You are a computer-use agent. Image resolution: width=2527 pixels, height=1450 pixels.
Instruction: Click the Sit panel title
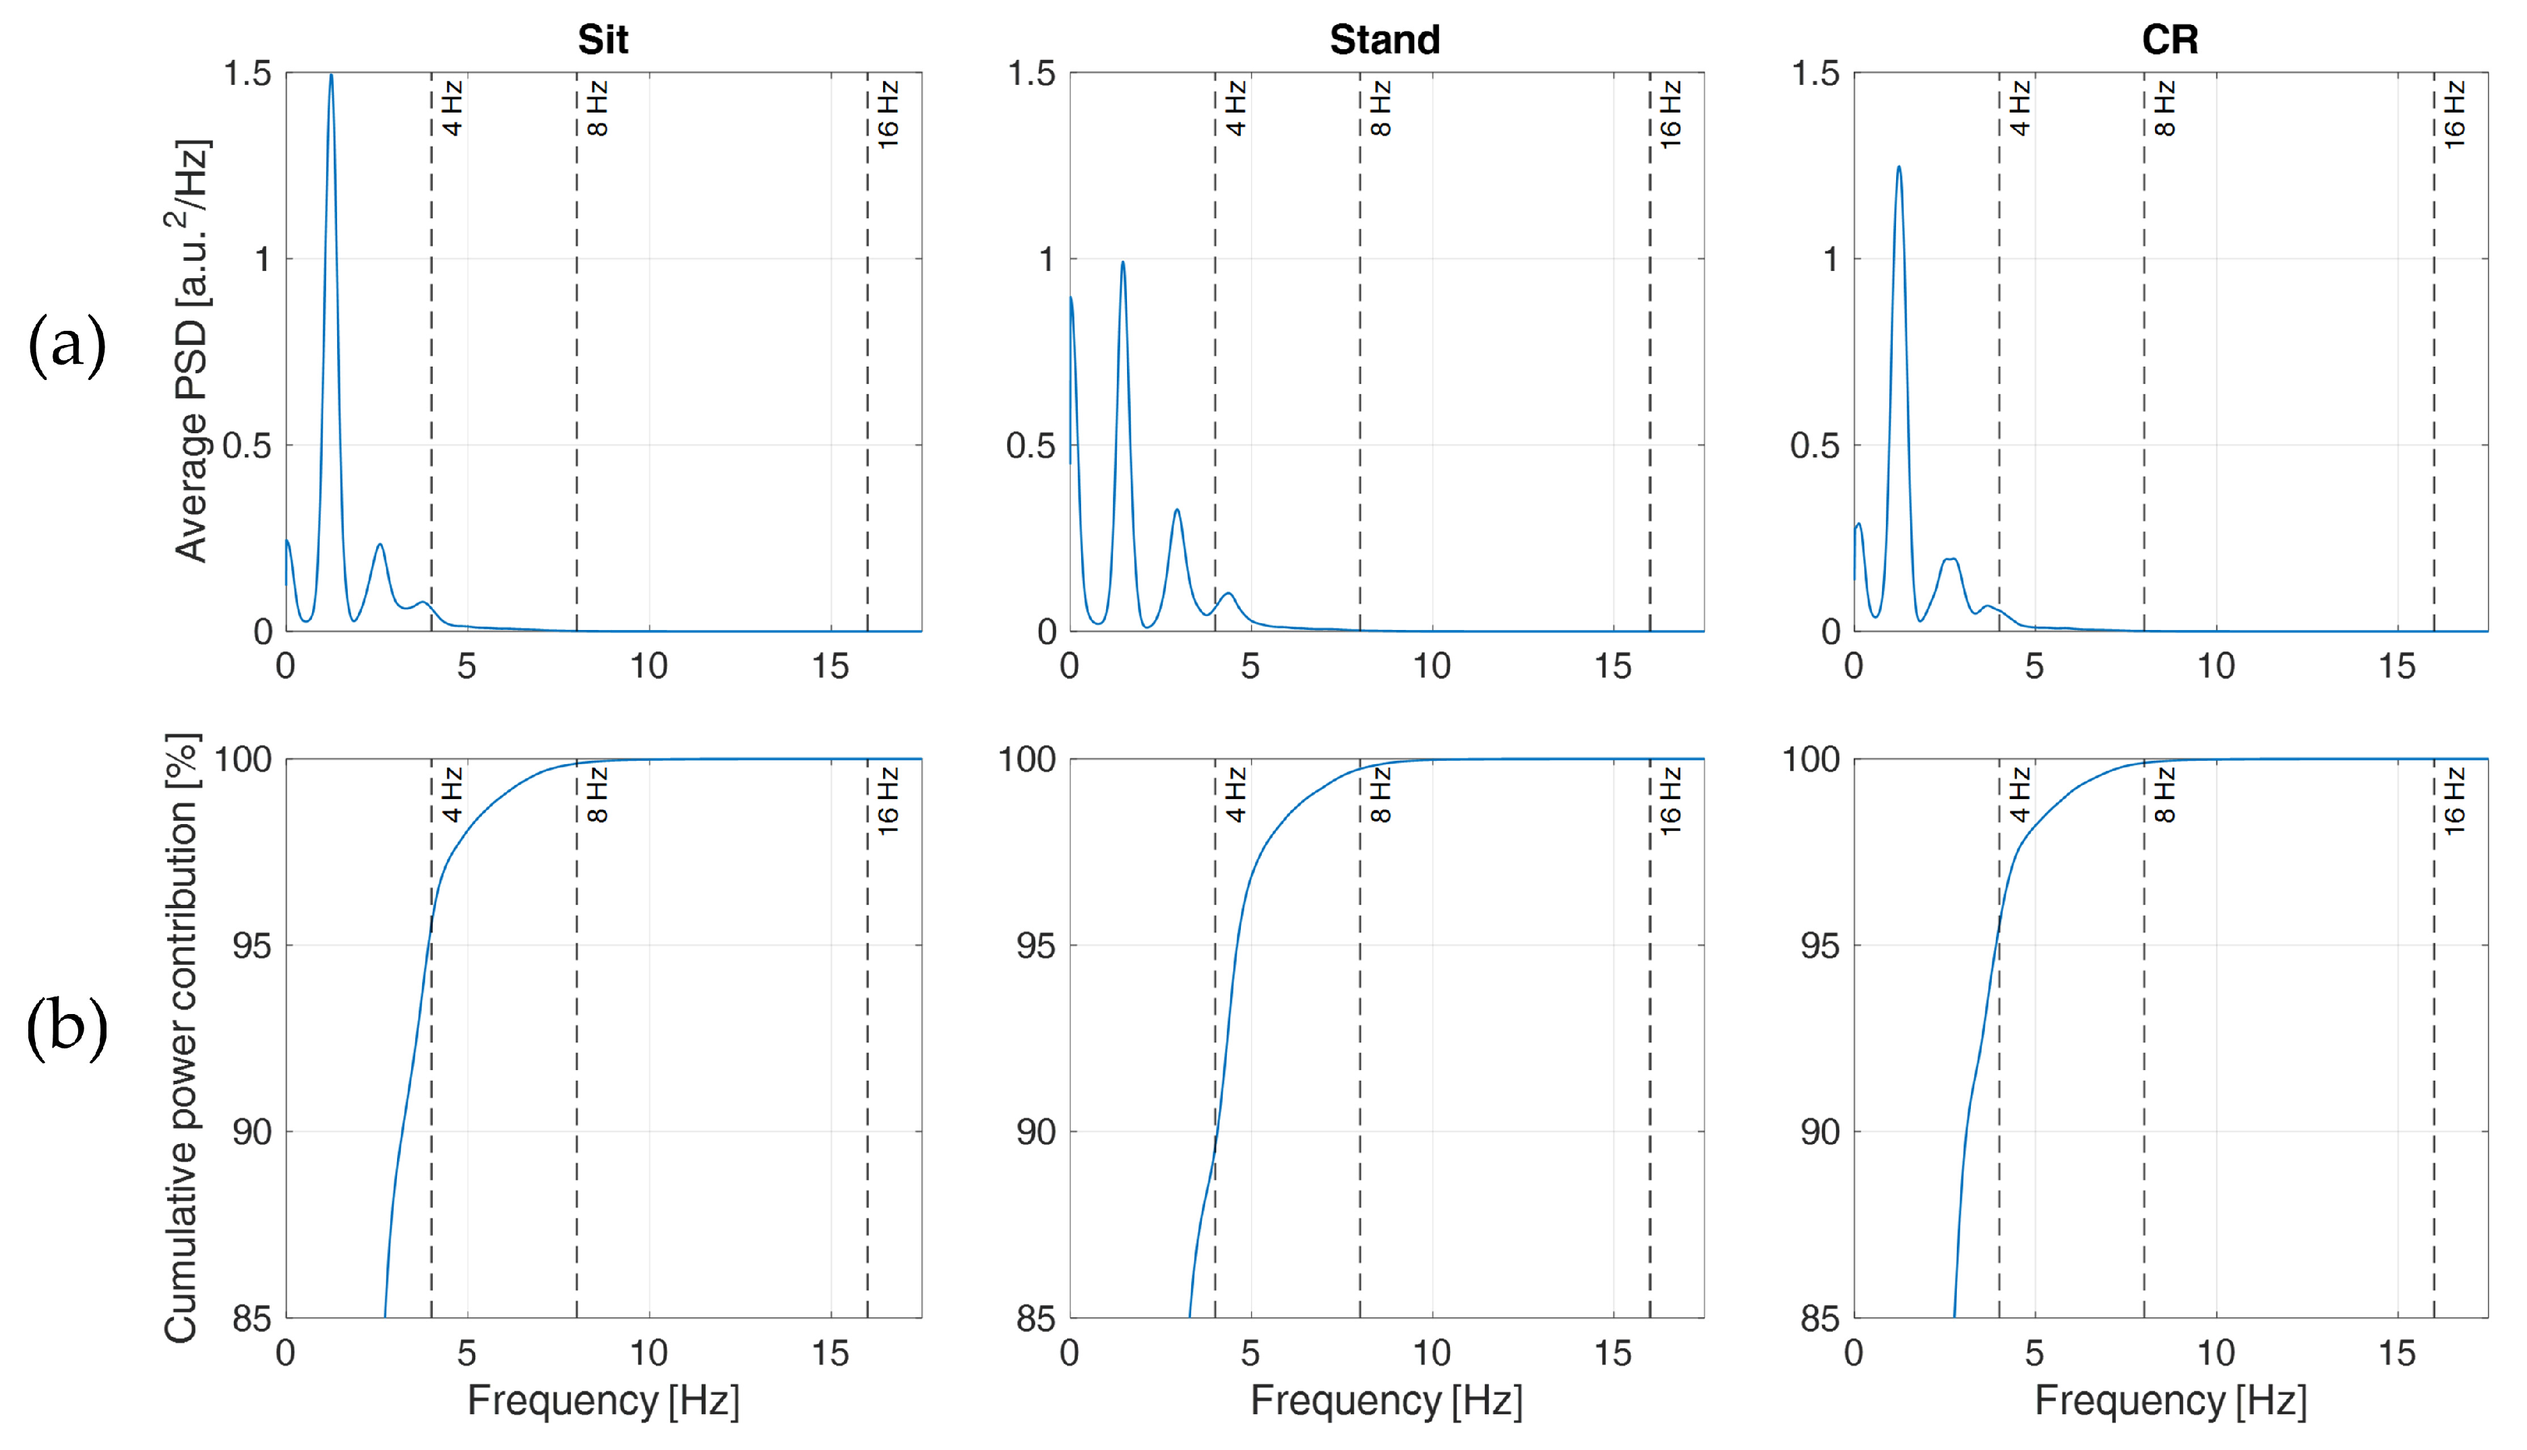[603, 40]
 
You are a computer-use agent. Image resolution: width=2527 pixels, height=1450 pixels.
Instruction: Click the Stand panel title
[1384, 40]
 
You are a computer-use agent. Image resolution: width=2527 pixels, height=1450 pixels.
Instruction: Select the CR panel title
[2169, 40]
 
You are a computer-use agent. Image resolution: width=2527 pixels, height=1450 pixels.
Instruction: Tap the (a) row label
[67, 344]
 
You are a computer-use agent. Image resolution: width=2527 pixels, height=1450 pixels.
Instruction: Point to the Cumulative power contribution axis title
[182, 1038]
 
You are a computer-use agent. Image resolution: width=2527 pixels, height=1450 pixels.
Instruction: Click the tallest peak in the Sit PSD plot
[331, 75]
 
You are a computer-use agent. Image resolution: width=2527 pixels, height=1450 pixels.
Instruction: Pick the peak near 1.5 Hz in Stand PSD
[1122, 263]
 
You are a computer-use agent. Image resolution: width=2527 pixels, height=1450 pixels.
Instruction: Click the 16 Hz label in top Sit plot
[888, 115]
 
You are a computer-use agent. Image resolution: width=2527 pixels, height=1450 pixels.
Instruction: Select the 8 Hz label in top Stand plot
[1380, 108]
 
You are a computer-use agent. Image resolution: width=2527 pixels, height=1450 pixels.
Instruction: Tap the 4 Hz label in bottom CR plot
[2019, 794]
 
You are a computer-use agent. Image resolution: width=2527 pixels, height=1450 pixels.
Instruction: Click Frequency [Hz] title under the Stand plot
[1386, 1400]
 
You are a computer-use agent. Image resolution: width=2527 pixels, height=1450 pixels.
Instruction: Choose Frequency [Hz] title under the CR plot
[2170, 1400]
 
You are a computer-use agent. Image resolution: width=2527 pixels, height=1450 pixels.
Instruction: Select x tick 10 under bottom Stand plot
[1431, 1352]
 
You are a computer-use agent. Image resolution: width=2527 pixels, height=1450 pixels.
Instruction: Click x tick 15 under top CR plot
[2396, 666]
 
